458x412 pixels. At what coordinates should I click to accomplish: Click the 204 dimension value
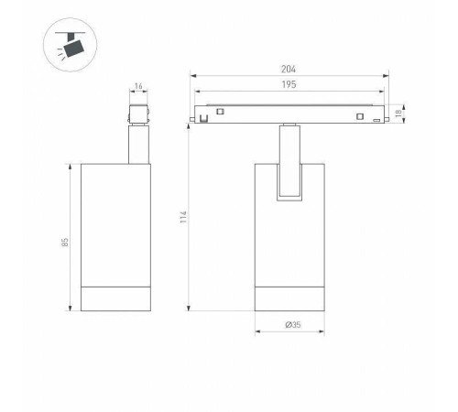pos(289,70)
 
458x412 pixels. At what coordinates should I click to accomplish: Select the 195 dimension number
pos(289,84)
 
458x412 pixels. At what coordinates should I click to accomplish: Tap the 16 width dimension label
pos(138,86)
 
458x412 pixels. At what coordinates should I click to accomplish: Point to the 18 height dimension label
pos(398,114)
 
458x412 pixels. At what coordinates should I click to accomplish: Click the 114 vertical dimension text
pos(183,217)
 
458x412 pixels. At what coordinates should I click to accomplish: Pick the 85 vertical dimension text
pos(65,243)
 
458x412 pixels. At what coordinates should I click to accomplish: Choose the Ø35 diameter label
pos(293,325)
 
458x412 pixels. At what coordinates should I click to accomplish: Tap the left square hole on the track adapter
pos(220,112)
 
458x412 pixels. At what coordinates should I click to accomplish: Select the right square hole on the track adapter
pos(360,116)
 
